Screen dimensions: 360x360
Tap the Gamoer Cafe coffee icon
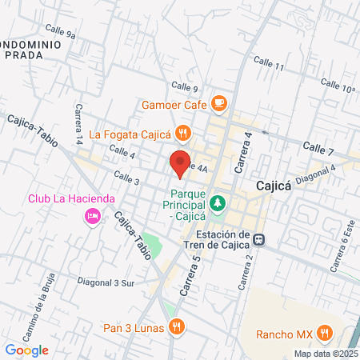pos(218,103)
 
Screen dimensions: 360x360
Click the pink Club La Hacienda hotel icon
pos(93,216)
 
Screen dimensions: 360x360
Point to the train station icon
pos(259,238)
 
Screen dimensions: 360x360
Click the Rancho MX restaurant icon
pos(324,333)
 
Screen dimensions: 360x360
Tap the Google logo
pos(26,350)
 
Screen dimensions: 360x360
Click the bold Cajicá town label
pos(278,186)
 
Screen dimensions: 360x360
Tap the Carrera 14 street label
pos(79,124)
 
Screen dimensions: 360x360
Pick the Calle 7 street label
pos(318,147)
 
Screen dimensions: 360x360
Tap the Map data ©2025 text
pos(324,354)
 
